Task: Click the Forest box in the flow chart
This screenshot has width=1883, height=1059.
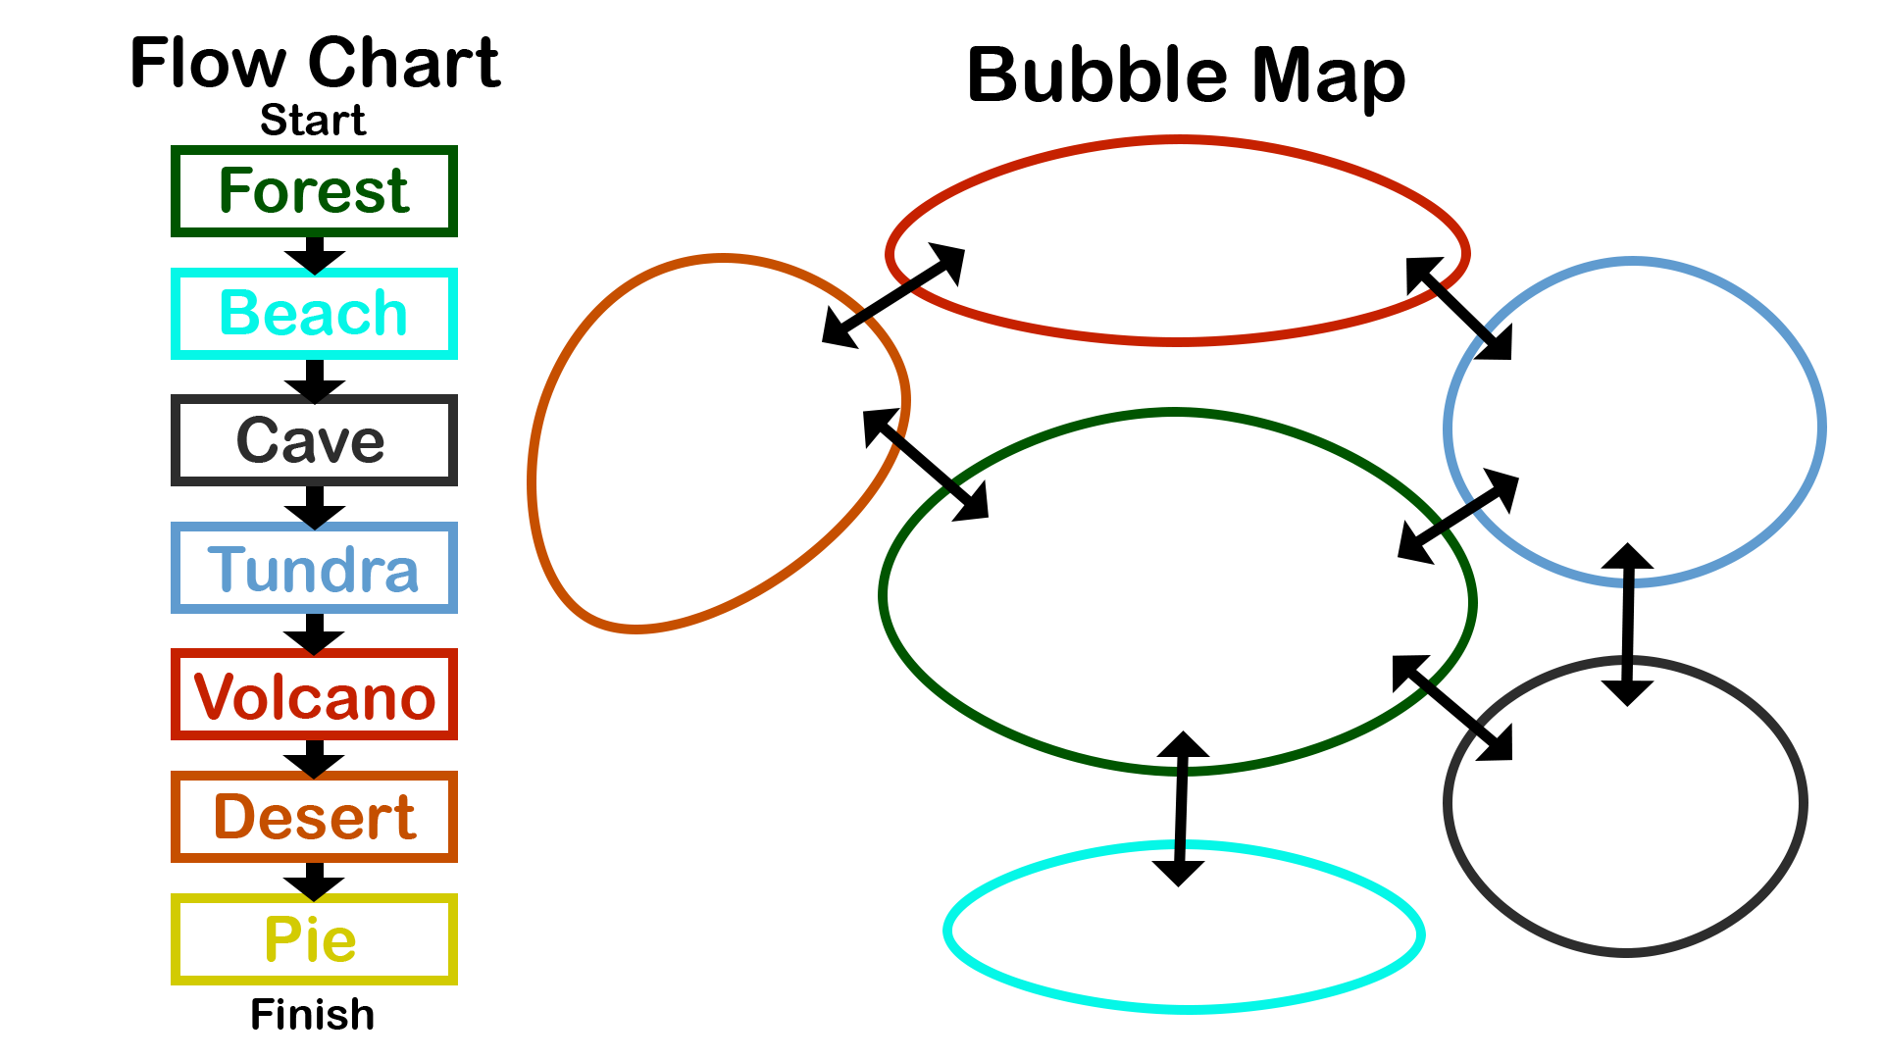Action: coord(314,191)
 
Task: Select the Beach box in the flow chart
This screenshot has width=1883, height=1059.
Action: coord(314,314)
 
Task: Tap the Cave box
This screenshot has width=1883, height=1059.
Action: coord(314,440)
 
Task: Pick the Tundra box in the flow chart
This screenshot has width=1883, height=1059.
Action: coord(314,569)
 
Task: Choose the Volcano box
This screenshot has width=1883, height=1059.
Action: coord(314,694)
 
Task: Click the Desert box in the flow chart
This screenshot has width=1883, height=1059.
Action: coord(314,817)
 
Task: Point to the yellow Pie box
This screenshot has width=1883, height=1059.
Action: coord(314,939)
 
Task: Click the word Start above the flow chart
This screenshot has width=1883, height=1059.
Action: coord(313,120)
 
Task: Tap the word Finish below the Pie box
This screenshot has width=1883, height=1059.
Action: coord(313,1014)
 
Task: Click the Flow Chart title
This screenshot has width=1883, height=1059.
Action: coord(315,63)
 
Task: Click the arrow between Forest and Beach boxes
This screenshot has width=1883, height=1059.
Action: coord(315,254)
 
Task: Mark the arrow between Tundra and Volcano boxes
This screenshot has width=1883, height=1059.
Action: coord(314,632)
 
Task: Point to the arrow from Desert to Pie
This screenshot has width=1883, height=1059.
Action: coord(314,880)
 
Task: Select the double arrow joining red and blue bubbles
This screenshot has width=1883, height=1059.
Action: coord(1459,309)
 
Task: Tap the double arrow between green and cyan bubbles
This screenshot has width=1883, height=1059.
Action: coord(1181,809)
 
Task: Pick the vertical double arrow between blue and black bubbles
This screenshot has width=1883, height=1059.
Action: coord(1628,625)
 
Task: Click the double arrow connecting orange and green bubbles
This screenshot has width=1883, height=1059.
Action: coord(926,464)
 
